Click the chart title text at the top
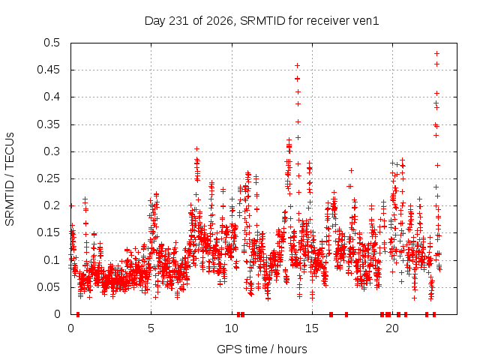(x=262, y=21)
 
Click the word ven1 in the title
(x=366, y=21)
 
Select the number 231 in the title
(x=180, y=21)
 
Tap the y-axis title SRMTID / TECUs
(x=10, y=179)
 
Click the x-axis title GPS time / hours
(x=262, y=349)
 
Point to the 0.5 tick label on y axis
(x=52, y=43)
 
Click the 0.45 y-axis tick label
(x=49, y=70)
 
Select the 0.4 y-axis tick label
(x=52, y=97)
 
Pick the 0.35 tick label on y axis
(x=49, y=124)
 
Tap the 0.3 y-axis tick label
(x=52, y=151)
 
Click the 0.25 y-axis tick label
(x=49, y=178)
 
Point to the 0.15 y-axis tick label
(x=49, y=232)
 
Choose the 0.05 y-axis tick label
(x=49, y=286)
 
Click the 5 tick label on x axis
(x=151, y=328)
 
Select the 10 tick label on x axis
(x=232, y=328)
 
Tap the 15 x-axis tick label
(x=312, y=328)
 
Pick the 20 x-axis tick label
(x=392, y=328)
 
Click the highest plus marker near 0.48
(x=437, y=53)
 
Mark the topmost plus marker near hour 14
(x=297, y=65)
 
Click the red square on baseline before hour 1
(x=78, y=314)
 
